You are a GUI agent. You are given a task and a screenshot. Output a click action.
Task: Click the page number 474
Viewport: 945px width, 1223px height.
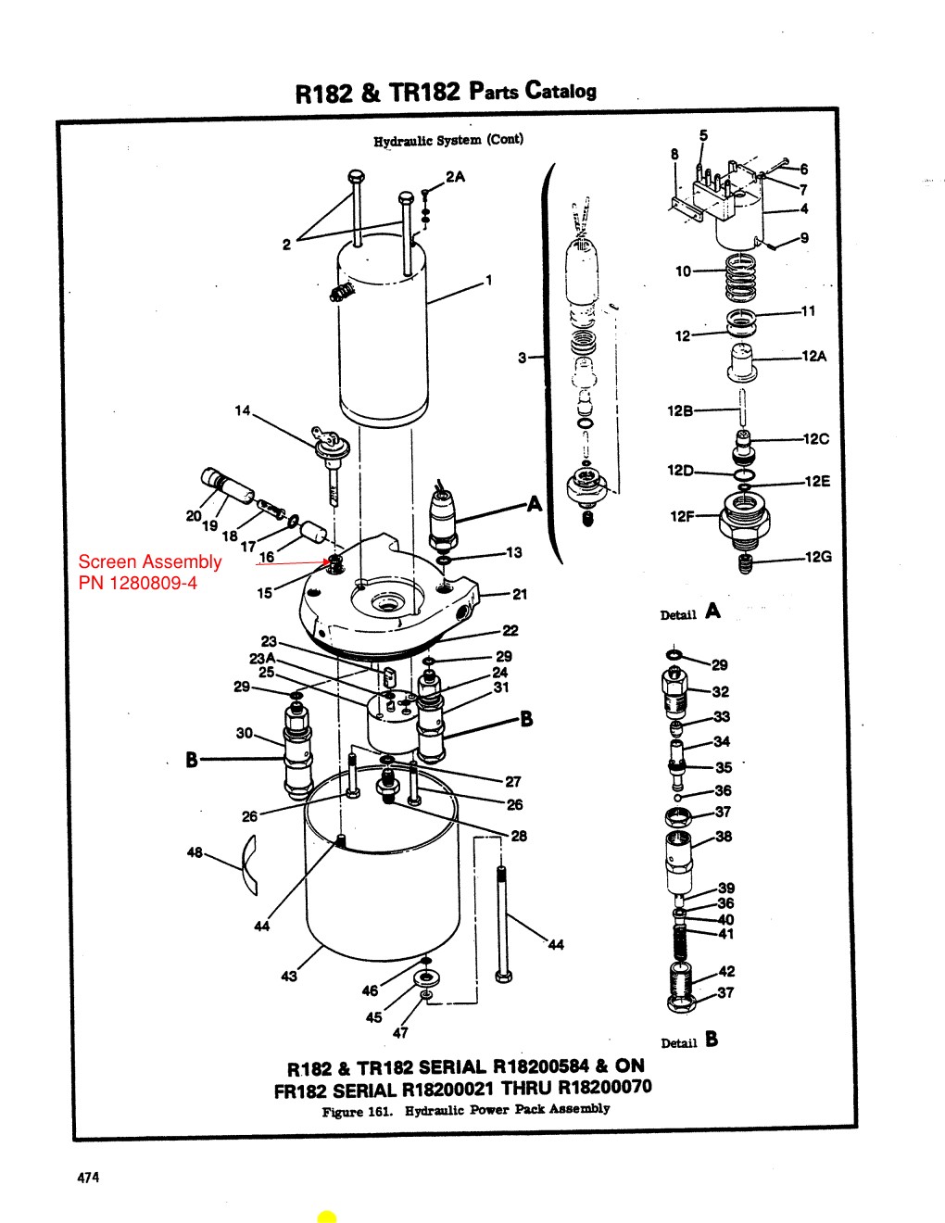point(88,1178)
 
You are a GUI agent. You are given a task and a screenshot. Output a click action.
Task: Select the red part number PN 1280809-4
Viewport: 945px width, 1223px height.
point(137,583)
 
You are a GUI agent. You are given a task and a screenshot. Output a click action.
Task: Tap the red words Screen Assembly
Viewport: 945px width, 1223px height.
point(149,561)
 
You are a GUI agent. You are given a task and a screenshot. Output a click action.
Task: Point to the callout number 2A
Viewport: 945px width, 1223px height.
point(455,177)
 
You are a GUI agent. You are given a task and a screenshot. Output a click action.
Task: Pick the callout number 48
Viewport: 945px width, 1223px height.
point(195,852)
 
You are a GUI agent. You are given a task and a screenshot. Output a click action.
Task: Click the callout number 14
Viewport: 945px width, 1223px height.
point(242,410)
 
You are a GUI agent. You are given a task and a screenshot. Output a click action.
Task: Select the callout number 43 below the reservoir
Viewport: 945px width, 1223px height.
point(289,976)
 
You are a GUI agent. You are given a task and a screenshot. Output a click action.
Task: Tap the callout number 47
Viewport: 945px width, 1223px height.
point(400,1033)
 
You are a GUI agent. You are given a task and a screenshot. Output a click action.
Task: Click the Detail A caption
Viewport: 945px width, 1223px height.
point(689,612)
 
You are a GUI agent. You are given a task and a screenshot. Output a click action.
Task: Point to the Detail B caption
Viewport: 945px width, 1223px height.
point(689,1040)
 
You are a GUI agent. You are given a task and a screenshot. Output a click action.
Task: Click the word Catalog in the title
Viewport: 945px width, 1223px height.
point(561,91)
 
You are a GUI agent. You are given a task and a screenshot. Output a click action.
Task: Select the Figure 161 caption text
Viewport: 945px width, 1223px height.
point(465,1109)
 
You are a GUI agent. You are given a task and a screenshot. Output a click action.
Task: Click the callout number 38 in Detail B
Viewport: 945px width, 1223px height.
point(724,837)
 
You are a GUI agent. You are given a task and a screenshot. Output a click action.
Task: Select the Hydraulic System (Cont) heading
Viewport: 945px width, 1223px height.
point(448,140)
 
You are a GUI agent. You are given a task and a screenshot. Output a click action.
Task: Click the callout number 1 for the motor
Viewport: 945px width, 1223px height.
point(488,281)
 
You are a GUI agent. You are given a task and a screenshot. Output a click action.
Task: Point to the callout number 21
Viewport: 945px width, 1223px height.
point(520,594)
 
